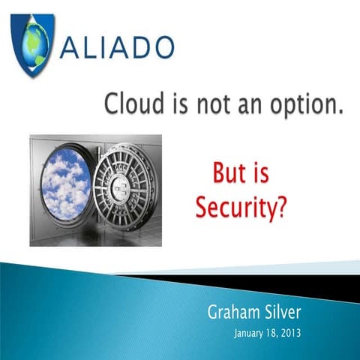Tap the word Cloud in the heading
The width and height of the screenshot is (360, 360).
[132, 105]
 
